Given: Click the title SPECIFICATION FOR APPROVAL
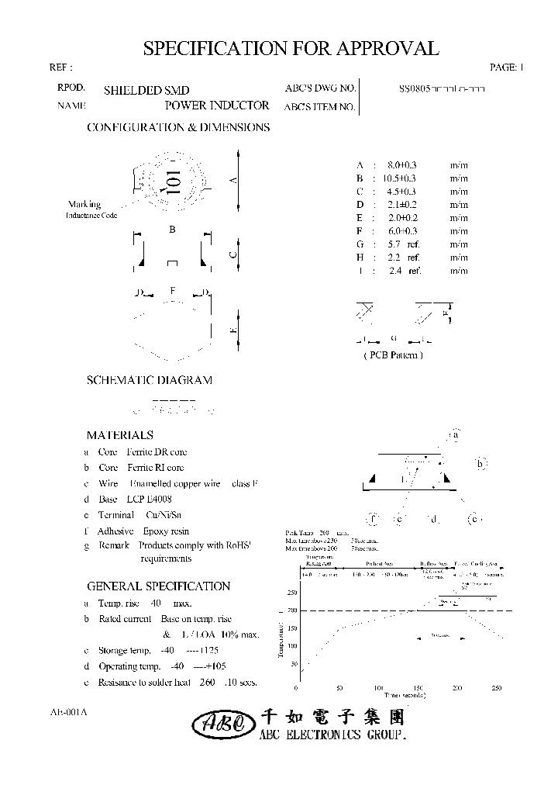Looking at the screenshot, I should point(291,48).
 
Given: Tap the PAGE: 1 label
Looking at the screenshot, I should point(508,67).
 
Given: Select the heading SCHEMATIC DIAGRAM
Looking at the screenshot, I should point(149,380).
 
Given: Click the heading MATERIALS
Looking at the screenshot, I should point(119,435).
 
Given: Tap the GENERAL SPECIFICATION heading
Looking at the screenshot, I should point(158,586).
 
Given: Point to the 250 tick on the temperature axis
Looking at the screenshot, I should point(292,593).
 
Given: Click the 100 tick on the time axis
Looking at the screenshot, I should point(378,688).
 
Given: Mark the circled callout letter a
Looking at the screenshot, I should point(456,435).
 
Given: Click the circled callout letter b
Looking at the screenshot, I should point(480,464).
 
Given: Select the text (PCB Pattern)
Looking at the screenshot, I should point(393,354).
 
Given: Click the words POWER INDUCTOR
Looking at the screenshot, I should point(218,105).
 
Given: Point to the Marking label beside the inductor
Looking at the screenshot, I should point(84,205).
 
